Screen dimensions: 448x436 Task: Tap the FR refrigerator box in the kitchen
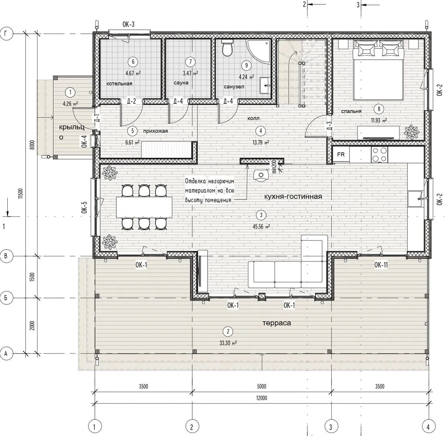point(341,155)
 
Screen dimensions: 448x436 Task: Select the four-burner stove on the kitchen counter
point(379,155)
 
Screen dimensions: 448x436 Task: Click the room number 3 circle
point(261,215)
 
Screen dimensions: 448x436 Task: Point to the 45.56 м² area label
point(261,227)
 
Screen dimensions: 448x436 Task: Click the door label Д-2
point(131,101)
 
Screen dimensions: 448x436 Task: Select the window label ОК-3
point(128,25)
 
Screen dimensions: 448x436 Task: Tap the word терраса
point(277,323)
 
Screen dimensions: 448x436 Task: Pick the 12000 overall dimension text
point(261,398)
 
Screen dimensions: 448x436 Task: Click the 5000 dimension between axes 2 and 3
point(261,387)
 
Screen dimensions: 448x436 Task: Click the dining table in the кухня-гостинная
point(144,207)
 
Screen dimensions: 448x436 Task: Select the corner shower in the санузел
point(259,51)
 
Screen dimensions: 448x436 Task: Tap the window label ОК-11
point(381,265)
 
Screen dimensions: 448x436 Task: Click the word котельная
point(119,84)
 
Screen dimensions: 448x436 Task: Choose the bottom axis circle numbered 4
point(428,427)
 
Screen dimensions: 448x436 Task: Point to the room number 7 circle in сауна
point(190,62)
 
